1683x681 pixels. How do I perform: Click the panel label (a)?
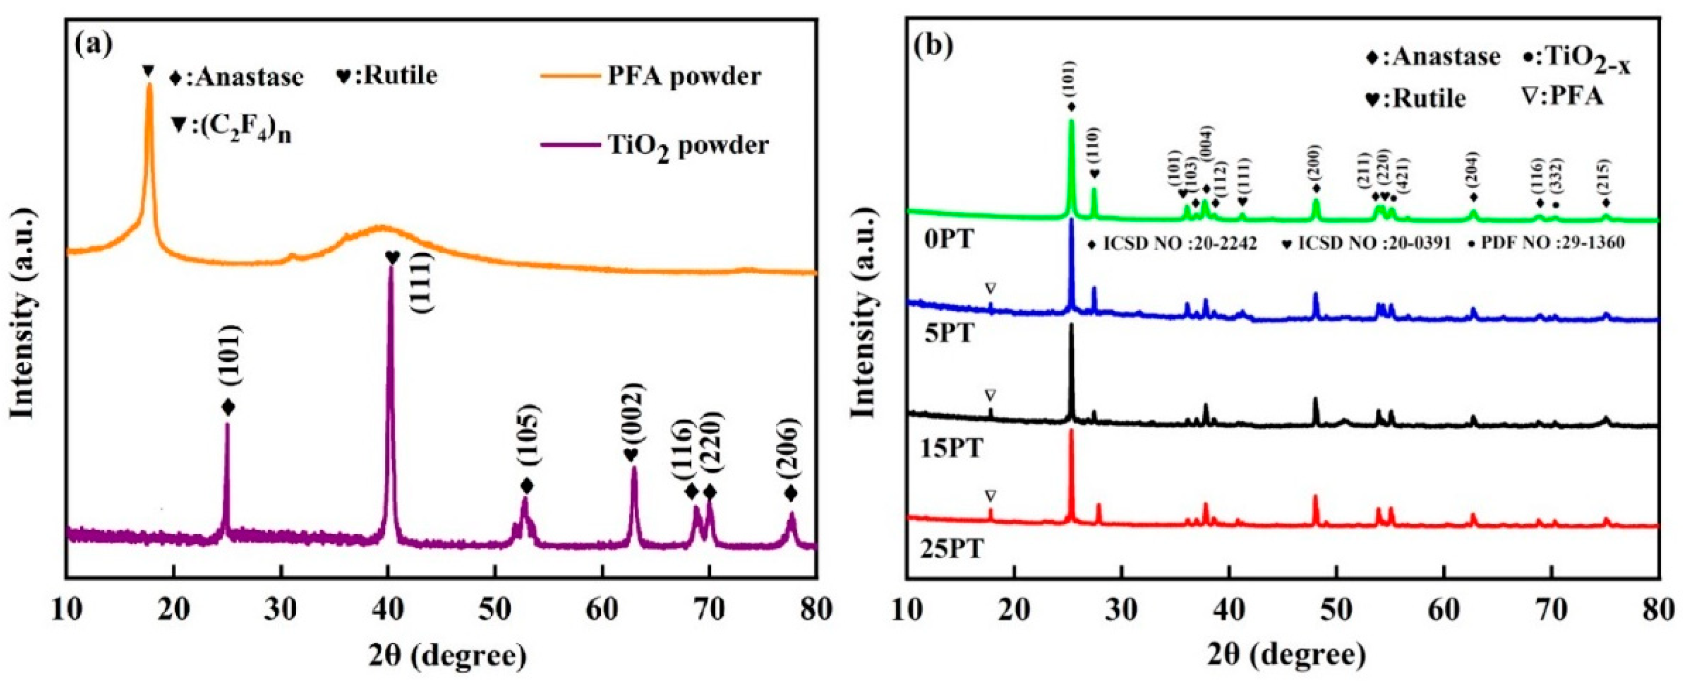(x=94, y=45)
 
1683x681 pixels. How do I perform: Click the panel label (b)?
(x=935, y=45)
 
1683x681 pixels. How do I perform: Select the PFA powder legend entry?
(x=683, y=77)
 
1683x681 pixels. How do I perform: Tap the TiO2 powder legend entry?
(x=688, y=145)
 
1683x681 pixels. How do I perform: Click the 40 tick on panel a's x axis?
(x=388, y=609)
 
